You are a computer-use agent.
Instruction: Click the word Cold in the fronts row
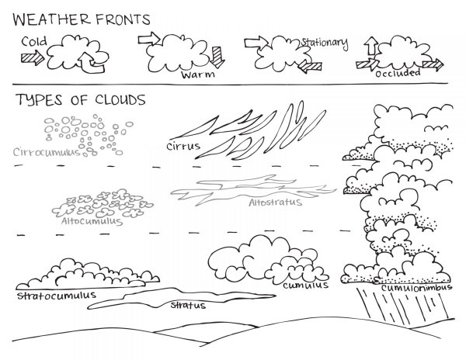pos(34,41)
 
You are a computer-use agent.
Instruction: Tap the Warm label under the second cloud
pos(198,74)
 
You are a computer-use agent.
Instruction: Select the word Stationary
pos(325,43)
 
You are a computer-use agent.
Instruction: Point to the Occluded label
pos(398,73)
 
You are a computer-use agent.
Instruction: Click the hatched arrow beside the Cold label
pos(33,57)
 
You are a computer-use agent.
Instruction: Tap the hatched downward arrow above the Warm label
pos(217,57)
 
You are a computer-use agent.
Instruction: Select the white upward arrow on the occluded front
pos(371,46)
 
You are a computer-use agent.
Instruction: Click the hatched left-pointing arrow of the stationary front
pos(310,66)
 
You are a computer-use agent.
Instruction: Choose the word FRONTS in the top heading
pos(123,19)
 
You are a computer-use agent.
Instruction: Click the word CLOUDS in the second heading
pos(120,100)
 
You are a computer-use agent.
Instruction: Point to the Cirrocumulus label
pos(47,152)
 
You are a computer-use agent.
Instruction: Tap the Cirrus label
pos(183,146)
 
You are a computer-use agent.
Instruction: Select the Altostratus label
pos(275,202)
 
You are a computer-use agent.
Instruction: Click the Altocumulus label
pos(92,221)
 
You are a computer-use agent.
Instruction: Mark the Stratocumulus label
pos(57,296)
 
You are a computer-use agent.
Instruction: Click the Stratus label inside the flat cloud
pos(188,305)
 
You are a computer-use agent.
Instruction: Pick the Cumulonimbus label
pos(416,287)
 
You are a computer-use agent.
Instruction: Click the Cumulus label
pos(305,286)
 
